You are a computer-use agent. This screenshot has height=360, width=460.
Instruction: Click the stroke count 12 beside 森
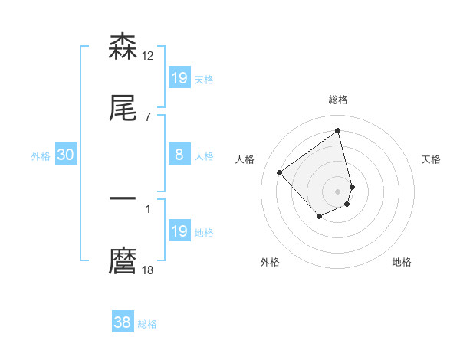point(148,55)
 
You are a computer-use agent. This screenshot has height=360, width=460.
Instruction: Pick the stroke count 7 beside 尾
point(148,116)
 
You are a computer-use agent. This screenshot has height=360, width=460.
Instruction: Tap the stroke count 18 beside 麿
point(148,270)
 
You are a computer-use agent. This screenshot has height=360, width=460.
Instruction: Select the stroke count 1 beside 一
point(148,208)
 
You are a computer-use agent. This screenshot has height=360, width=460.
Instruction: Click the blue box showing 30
point(66,155)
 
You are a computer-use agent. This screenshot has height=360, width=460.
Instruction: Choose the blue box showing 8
point(179,155)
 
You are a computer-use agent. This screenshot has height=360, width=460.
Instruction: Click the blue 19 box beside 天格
point(179,78)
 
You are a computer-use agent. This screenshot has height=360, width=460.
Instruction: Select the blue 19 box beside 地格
point(179,231)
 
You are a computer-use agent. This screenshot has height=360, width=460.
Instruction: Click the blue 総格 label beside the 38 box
point(147,324)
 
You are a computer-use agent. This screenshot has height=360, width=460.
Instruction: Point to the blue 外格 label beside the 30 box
point(41,156)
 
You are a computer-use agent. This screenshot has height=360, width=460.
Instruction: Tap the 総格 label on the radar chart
point(338,100)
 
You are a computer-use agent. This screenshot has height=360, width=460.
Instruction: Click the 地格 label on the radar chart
point(402,262)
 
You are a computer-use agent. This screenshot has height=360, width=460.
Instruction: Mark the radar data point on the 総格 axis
point(338,130)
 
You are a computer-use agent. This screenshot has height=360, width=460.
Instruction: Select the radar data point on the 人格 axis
point(280,173)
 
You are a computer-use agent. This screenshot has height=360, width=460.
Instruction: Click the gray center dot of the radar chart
point(338,191)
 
